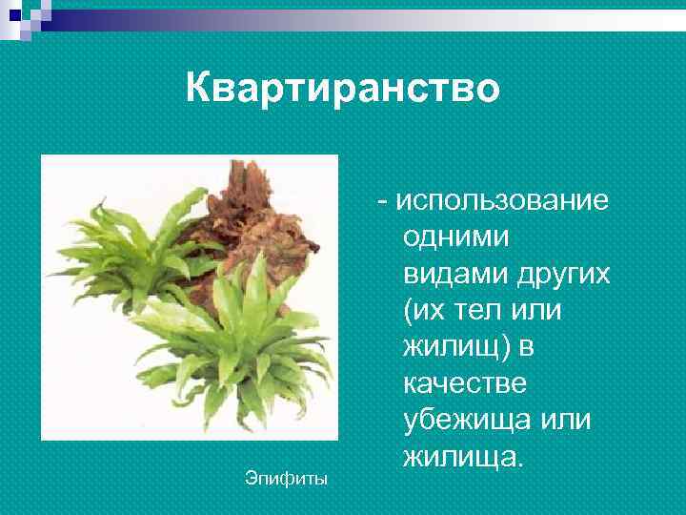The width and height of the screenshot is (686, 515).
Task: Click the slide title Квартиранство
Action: pos(342,89)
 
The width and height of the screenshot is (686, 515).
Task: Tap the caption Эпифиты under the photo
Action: pos(285,478)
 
